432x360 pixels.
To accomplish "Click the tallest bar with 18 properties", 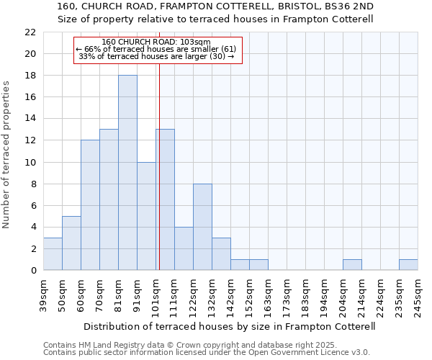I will [127, 173].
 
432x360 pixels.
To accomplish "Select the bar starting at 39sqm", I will [53, 253].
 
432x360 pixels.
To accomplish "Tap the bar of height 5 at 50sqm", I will [71, 243].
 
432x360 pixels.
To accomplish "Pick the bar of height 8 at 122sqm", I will [202, 227].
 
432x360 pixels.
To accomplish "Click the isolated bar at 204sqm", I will [352, 264].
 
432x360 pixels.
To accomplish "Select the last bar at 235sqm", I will [408, 264].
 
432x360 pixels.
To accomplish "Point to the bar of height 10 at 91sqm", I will [146, 216].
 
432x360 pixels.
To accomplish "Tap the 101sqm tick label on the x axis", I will [156, 296].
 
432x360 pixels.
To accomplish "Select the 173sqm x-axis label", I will [287, 296].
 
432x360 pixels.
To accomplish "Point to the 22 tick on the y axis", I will [30, 32].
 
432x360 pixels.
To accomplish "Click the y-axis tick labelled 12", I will [30, 140].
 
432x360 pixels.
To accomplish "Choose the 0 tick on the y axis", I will [32, 270].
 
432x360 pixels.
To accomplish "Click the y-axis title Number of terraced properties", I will [6, 155].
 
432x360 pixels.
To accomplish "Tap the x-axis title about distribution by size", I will [230, 326].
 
